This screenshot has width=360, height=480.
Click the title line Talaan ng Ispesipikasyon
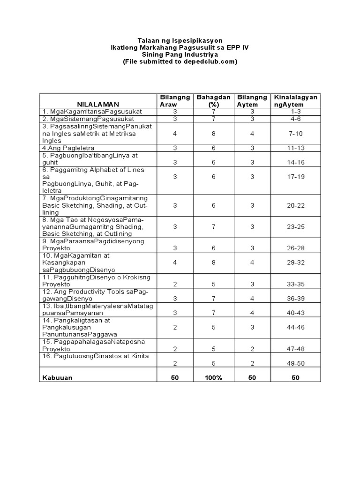[x=180, y=41]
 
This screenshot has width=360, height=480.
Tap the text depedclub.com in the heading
[x=209, y=61]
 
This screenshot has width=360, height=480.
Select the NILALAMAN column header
[x=98, y=104]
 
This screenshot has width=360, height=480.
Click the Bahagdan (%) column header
[x=213, y=101]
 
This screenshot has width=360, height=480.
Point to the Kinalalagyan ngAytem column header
[x=295, y=101]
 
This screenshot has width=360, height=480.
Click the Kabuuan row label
[x=58, y=378]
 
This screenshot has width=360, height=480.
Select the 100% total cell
[x=213, y=378]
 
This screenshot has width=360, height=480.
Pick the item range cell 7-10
[x=295, y=134]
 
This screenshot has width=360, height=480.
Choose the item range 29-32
[x=295, y=263]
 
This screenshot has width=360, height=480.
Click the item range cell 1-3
[x=295, y=112]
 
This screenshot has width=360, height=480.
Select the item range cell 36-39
[x=295, y=298]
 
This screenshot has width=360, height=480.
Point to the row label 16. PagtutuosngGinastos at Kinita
[x=95, y=356]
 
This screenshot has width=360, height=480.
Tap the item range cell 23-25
[x=295, y=227]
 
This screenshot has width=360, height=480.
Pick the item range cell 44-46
[x=295, y=327]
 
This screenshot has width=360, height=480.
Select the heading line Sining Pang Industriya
[x=180, y=54]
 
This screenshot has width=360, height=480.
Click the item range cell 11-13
[x=295, y=148]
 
